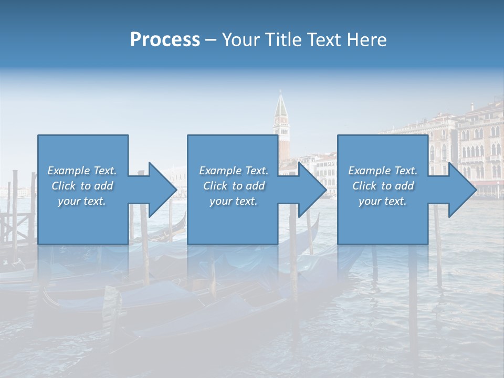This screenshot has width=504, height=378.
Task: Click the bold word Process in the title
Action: pos(165,40)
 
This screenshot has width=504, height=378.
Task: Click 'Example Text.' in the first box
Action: pos(82,171)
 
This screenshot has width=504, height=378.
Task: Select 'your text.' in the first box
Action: pos(82,201)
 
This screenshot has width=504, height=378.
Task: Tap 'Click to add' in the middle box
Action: pos(234,186)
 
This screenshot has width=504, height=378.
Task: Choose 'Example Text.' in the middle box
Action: pos(234,171)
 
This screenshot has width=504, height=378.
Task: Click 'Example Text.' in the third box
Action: pos(383,171)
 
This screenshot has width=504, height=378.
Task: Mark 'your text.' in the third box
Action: pos(383,201)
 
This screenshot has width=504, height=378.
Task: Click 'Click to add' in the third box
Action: pos(383,186)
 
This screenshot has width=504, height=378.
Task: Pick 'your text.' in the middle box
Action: pos(234,201)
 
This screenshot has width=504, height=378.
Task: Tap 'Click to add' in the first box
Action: pos(82,186)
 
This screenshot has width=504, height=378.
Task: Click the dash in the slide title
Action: pos(211,40)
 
